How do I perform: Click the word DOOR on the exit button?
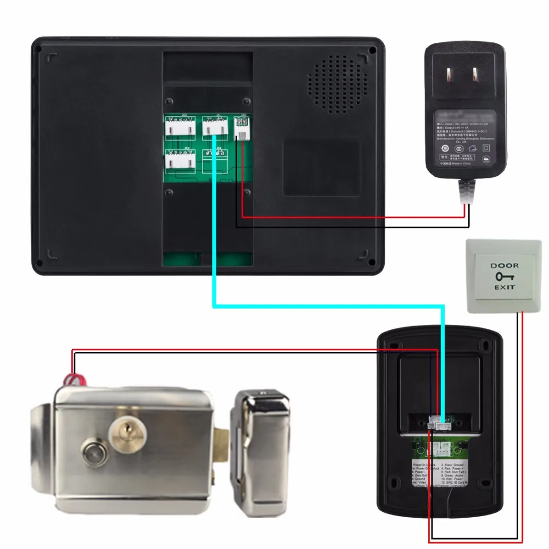point(504,265)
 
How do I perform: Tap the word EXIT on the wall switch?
point(504,287)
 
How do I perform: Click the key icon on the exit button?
point(503,276)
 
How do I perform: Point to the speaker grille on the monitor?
point(336,81)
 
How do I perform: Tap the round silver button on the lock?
point(93,454)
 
